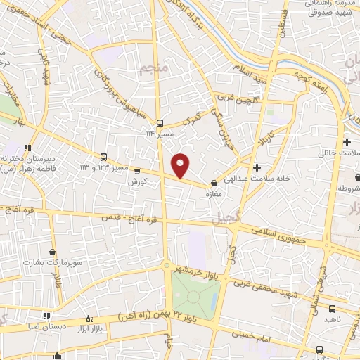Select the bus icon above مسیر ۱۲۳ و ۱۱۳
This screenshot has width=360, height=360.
coord(104,157)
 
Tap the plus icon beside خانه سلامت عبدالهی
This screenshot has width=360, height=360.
coord(257,168)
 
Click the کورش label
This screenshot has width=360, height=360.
coord(136,181)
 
